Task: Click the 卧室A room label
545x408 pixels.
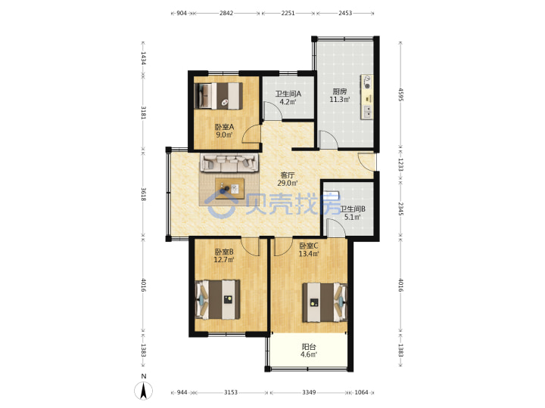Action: click(x=224, y=127)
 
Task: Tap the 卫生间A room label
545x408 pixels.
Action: click(x=288, y=94)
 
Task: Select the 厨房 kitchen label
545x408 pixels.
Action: click(x=340, y=91)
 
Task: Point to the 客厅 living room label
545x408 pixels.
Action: click(x=287, y=175)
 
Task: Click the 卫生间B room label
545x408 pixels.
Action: click(x=353, y=209)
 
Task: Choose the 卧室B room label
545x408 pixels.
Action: click(x=224, y=252)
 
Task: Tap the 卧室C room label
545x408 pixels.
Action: click(x=309, y=246)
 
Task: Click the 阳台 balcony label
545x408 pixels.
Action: click(x=309, y=347)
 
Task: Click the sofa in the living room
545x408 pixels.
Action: click(x=229, y=162)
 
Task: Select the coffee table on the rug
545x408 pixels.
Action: click(x=229, y=188)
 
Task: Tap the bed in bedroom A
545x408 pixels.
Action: click(x=219, y=96)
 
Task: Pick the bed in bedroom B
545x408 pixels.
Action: click(x=217, y=299)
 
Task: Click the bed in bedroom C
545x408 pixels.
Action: click(x=325, y=302)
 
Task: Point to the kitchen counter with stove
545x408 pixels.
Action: click(x=367, y=97)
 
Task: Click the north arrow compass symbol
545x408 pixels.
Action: click(x=143, y=391)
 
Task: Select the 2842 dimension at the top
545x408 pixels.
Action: click(x=226, y=13)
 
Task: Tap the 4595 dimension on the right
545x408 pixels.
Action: click(x=400, y=94)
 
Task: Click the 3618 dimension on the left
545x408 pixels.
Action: click(x=144, y=194)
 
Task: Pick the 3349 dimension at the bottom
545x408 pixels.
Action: click(x=309, y=392)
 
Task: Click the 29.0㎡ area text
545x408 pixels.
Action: click(x=288, y=183)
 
